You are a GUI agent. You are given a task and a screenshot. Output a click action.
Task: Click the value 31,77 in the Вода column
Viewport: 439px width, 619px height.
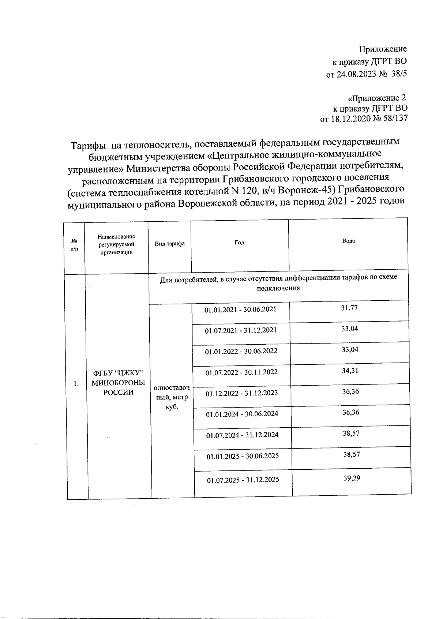point(349,308)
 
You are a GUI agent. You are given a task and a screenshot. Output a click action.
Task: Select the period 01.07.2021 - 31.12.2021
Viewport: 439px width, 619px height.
point(241,330)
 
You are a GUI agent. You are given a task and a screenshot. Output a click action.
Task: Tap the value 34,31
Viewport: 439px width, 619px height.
point(350,371)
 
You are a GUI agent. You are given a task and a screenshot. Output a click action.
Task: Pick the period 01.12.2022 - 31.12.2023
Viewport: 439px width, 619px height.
point(241,393)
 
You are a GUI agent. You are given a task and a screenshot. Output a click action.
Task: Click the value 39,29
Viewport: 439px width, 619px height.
point(352,478)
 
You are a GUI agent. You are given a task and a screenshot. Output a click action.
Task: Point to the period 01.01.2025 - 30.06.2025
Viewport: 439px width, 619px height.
point(243,456)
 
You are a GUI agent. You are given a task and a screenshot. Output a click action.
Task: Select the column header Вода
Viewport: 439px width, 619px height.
point(348,241)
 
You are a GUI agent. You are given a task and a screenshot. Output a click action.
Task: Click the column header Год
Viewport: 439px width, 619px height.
point(239,243)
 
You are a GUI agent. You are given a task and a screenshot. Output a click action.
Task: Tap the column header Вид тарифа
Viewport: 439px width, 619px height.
point(170,244)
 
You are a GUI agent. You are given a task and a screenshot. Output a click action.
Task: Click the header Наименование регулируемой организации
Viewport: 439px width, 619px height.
point(116,244)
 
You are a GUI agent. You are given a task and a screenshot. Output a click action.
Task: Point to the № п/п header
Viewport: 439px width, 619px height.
point(74,245)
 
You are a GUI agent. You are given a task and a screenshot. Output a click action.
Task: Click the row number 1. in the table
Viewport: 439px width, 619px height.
point(76,384)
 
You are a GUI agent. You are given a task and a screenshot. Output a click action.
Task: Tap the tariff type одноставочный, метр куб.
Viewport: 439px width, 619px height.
point(172,397)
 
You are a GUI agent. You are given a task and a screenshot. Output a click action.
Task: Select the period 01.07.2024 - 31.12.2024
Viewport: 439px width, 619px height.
point(242,435)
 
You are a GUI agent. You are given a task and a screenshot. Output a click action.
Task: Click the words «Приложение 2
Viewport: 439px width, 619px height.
point(376,98)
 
